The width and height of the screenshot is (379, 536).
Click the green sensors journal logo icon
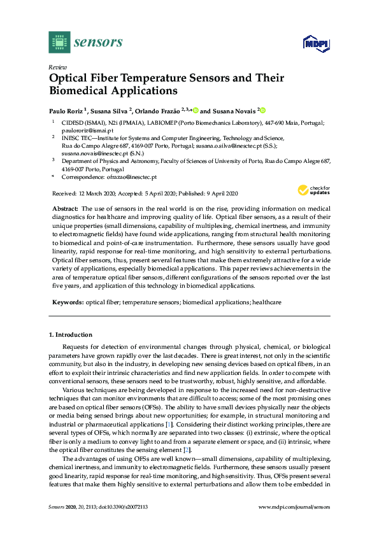pyautogui.click(x=59, y=42)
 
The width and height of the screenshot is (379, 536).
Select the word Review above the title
pyautogui.click(x=58, y=67)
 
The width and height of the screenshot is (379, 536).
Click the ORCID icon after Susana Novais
pyautogui.click(x=262, y=110)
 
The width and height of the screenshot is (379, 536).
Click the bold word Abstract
pyautogui.click(x=66, y=209)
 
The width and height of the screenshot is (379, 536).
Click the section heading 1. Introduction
pyautogui.click(x=71, y=335)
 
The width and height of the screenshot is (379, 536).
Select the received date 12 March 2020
pyautogui.click(x=97, y=193)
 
